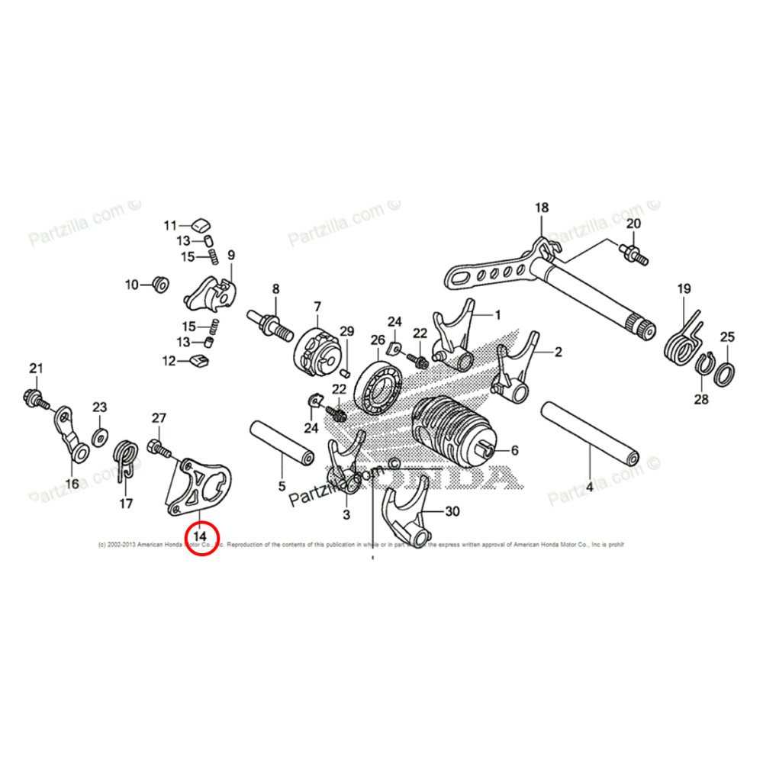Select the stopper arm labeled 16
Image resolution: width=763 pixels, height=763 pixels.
71,436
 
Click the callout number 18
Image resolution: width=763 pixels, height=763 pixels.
541,208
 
